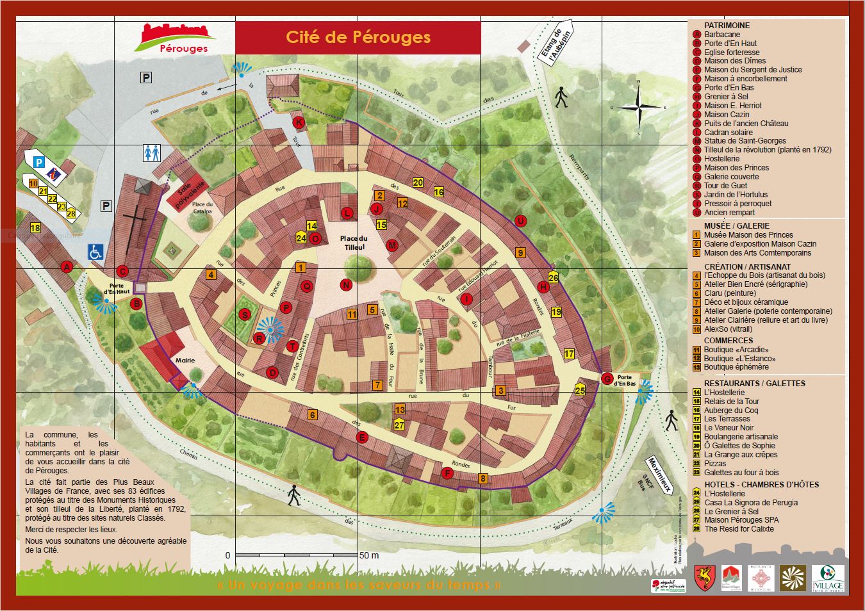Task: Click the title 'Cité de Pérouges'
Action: pyautogui.click(x=358, y=37)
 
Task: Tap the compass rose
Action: pyautogui.click(x=639, y=108)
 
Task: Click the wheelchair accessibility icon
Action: pyautogui.click(x=95, y=252)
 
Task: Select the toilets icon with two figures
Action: pyautogui.click(x=151, y=153)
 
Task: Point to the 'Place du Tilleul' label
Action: pyautogui.click(x=354, y=242)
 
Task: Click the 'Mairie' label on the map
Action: pyautogui.click(x=185, y=361)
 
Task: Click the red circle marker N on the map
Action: pyautogui.click(x=346, y=285)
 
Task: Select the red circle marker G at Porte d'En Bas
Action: pyautogui.click(x=606, y=379)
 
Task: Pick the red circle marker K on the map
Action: pyautogui.click(x=297, y=122)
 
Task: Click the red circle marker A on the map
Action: pyautogui.click(x=66, y=267)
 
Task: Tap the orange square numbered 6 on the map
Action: pyautogui.click(x=313, y=414)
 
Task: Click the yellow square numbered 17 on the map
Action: pyautogui.click(x=569, y=354)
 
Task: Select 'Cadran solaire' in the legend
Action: pyautogui.click(x=728, y=132)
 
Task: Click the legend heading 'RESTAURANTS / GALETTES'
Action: pyautogui.click(x=754, y=383)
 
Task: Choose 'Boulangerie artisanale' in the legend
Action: pyautogui.click(x=741, y=436)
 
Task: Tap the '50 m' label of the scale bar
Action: pyautogui.click(x=369, y=555)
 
